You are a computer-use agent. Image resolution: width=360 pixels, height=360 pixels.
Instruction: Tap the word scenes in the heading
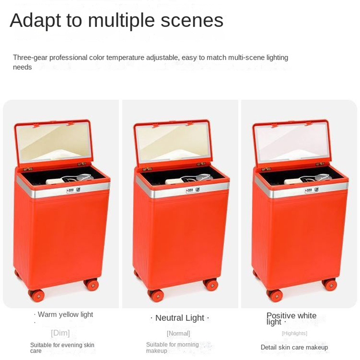tap(192, 20)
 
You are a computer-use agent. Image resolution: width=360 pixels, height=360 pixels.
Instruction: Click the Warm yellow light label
tap(65, 314)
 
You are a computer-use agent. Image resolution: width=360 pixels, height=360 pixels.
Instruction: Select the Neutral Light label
tap(180, 318)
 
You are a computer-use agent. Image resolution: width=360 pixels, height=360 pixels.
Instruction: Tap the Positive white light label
tap(291, 319)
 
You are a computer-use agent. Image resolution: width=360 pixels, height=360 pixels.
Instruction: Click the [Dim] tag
tap(60, 333)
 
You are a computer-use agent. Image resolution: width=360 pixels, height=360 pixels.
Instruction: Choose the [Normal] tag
tap(178, 333)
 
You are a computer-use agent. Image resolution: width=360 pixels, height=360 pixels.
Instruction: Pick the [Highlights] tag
tap(294, 333)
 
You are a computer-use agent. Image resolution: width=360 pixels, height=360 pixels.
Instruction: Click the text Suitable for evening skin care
tap(62, 348)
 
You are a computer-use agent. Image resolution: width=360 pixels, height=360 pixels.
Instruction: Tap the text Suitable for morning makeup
tap(172, 347)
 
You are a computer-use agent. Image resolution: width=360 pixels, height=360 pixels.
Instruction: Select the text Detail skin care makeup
tap(294, 347)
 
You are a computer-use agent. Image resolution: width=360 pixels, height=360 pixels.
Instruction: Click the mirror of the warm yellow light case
tap(54, 142)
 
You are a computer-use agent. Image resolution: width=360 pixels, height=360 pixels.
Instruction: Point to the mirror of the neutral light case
tap(173, 142)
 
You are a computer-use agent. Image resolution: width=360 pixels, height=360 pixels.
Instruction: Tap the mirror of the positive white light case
tap(292, 142)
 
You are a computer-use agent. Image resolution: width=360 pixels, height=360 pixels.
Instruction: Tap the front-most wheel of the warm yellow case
tap(36, 295)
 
